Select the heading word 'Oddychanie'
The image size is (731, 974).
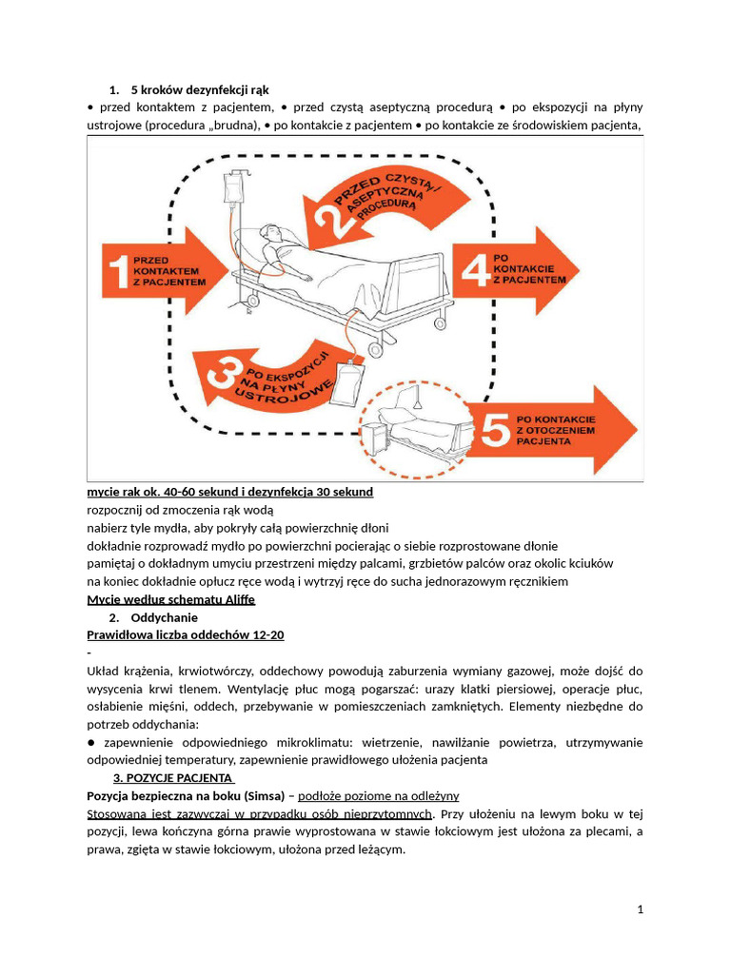tap(165, 617)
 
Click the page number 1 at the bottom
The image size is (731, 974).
tap(641, 909)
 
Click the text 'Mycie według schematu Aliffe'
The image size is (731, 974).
tap(170, 600)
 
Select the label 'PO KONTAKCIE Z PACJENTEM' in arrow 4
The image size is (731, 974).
tap(529, 268)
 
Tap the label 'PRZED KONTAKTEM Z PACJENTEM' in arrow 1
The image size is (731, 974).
tap(168, 271)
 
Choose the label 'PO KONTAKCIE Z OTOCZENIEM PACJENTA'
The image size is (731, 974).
tap(557, 429)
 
